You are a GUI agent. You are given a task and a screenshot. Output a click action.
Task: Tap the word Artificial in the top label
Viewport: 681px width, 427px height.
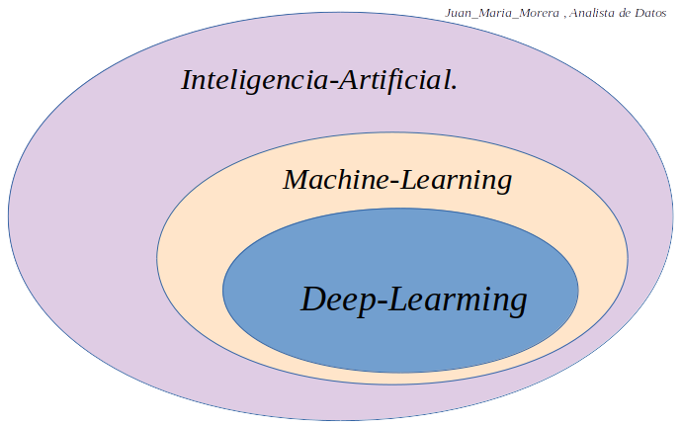point(391,81)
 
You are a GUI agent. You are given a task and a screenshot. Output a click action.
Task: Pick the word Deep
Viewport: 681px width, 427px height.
point(334,299)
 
